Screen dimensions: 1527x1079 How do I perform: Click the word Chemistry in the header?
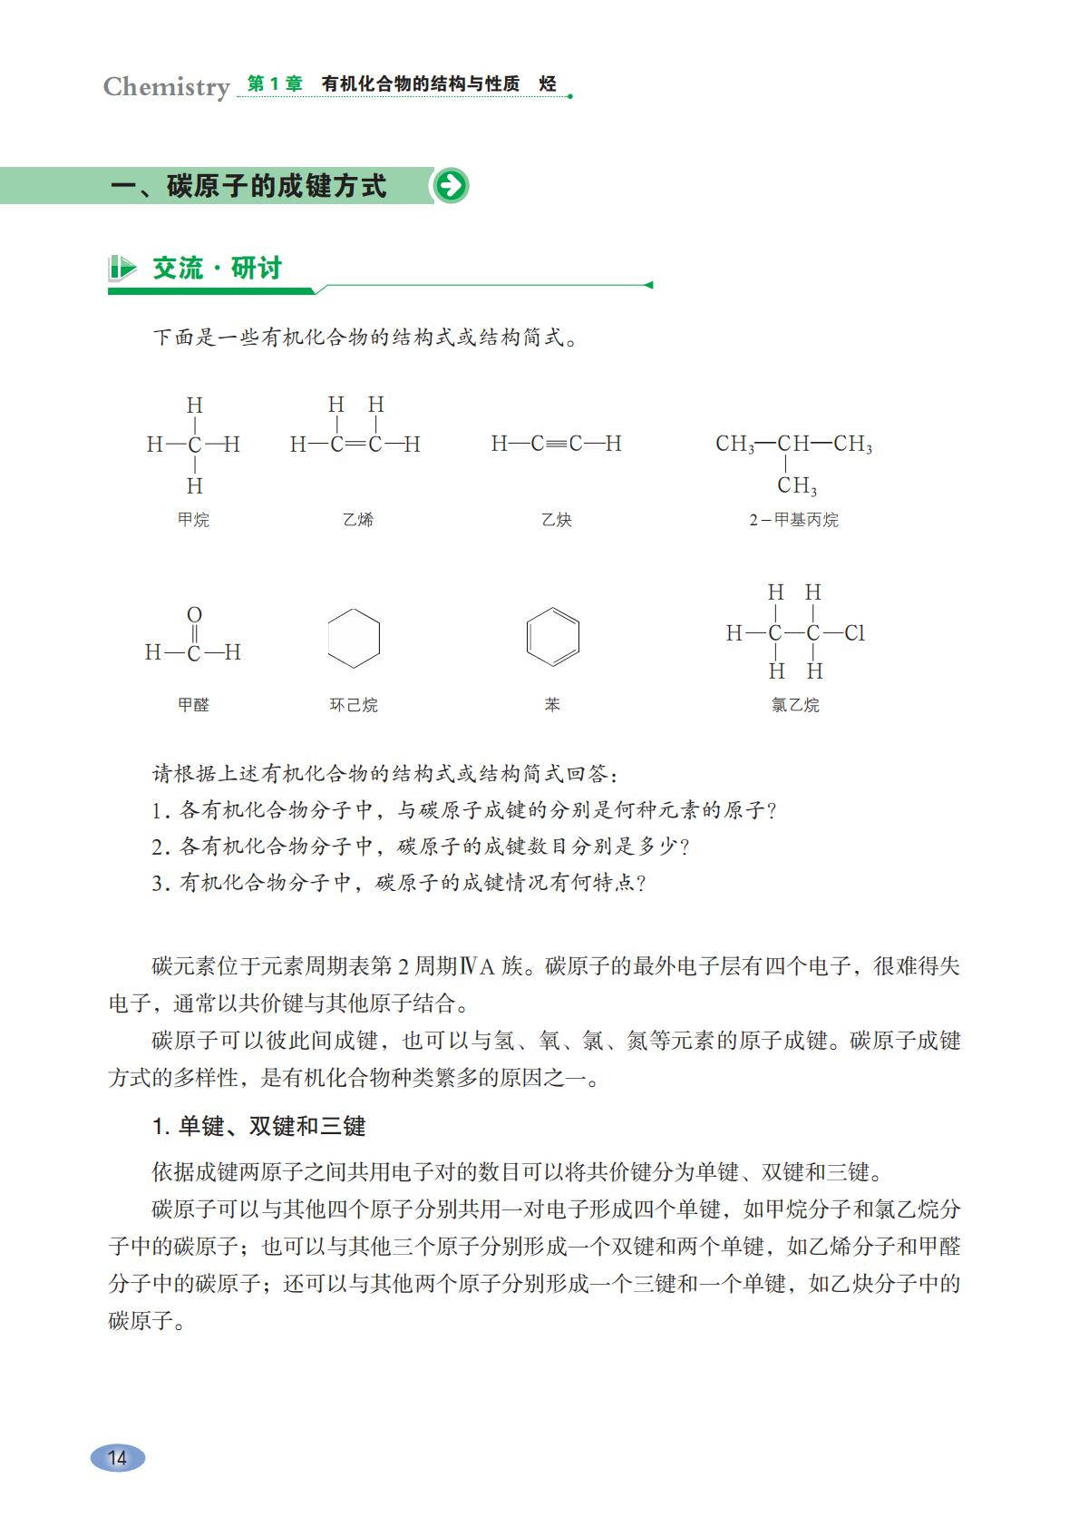(166, 87)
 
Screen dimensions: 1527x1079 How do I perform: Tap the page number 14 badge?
(118, 1458)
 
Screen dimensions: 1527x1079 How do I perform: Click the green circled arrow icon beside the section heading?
(451, 186)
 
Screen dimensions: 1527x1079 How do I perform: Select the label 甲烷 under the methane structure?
(193, 520)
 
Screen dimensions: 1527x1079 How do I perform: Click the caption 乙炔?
(556, 520)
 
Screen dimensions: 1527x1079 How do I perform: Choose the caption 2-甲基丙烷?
(793, 520)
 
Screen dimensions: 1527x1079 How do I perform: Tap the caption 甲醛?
(193, 704)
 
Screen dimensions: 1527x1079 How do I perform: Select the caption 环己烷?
(354, 705)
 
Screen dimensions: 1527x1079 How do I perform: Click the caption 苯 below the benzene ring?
(552, 704)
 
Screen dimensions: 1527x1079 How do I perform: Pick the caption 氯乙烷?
(795, 705)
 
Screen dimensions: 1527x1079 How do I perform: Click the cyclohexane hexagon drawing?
(354, 638)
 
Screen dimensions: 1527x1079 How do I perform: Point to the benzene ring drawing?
(552, 637)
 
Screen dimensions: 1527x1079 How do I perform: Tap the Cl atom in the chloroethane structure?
(854, 633)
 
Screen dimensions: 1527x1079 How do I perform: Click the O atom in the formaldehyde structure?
(194, 615)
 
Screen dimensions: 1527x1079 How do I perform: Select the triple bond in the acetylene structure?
(556, 444)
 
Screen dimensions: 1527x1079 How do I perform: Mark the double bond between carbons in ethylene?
(355, 445)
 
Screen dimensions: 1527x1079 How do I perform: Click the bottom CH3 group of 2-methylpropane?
(797, 486)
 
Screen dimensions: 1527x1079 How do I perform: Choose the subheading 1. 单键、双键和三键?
(259, 1126)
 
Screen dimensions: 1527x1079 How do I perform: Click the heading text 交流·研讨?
(218, 269)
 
